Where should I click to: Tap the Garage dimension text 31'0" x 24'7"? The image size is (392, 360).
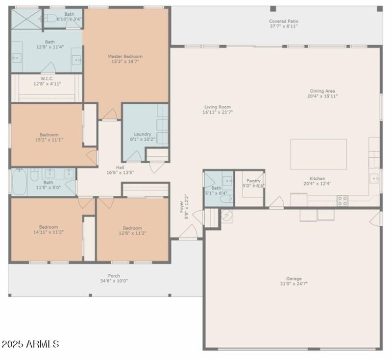pyautogui.click(x=294, y=284)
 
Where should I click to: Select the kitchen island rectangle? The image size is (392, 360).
pyautogui.click(x=318, y=154)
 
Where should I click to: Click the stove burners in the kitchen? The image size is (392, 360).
pyautogui.click(x=343, y=200)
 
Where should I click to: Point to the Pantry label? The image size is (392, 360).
pyautogui.click(x=253, y=181)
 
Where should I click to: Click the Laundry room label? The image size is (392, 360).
pyautogui.click(x=143, y=134)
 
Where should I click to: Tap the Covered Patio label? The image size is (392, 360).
pyautogui.click(x=283, y=21)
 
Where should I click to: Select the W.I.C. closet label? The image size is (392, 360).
pyautogui.click(x=47, y=78)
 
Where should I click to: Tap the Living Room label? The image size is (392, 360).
pyautogui.click(x=218, y=107)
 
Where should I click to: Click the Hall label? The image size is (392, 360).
pyautogui.click(x=120, y=167)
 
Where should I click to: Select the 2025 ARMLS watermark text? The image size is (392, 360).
pyautogui.click(x=30, y=344)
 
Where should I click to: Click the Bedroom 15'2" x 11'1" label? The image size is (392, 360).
pyautogui.click(x=49, y=135)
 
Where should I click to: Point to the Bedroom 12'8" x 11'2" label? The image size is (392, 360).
pyautogui.click(x=132, y=228)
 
